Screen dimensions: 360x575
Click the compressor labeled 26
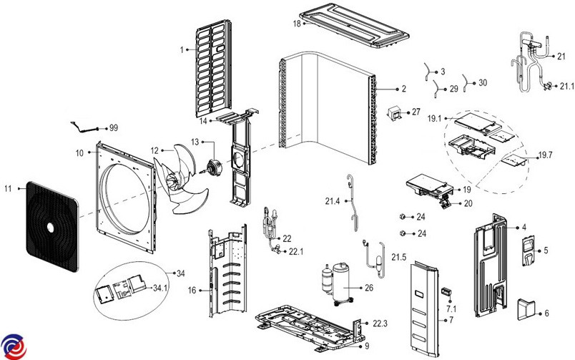(338, 281)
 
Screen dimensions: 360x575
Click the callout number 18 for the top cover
(296, 24)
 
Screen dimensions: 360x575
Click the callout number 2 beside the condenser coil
(403, 89)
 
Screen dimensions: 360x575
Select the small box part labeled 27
(394, 114)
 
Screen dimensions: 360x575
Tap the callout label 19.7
(546, 155)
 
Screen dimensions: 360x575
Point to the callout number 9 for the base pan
(366, 345)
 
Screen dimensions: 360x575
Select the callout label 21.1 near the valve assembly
(567, 86)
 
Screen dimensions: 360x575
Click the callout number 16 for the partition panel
(192, 291)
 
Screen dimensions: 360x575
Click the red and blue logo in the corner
(12, 346)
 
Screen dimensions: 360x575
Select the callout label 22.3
(380, 324)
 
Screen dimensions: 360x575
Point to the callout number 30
(482, 83)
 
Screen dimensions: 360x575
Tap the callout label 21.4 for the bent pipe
(332, 202)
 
